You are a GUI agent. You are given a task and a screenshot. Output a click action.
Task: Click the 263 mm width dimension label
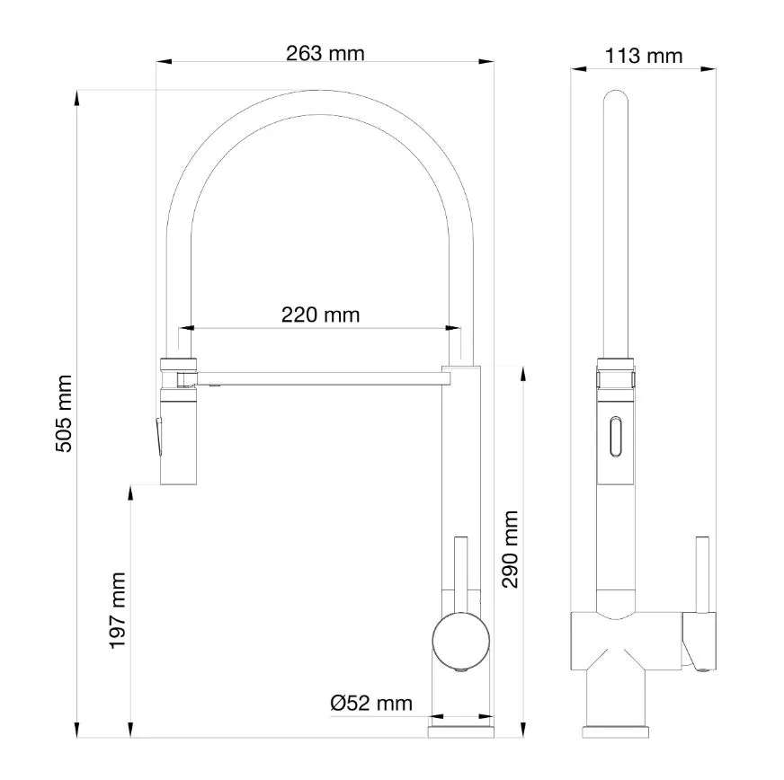(325, 53)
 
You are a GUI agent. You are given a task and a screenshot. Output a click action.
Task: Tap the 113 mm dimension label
(644, 56)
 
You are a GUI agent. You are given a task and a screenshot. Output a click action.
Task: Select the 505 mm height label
(64, 413)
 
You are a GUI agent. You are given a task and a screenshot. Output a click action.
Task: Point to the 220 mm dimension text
(320, 315)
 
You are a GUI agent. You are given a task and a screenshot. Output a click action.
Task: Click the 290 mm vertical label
(510, 549)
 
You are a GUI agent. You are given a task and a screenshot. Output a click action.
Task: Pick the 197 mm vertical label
(118, 610)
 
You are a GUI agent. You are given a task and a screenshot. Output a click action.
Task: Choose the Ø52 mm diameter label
(371, 704)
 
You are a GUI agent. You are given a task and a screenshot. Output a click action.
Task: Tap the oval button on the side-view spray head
(616, 436)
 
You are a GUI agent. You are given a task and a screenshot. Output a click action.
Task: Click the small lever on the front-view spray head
(158, 437)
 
